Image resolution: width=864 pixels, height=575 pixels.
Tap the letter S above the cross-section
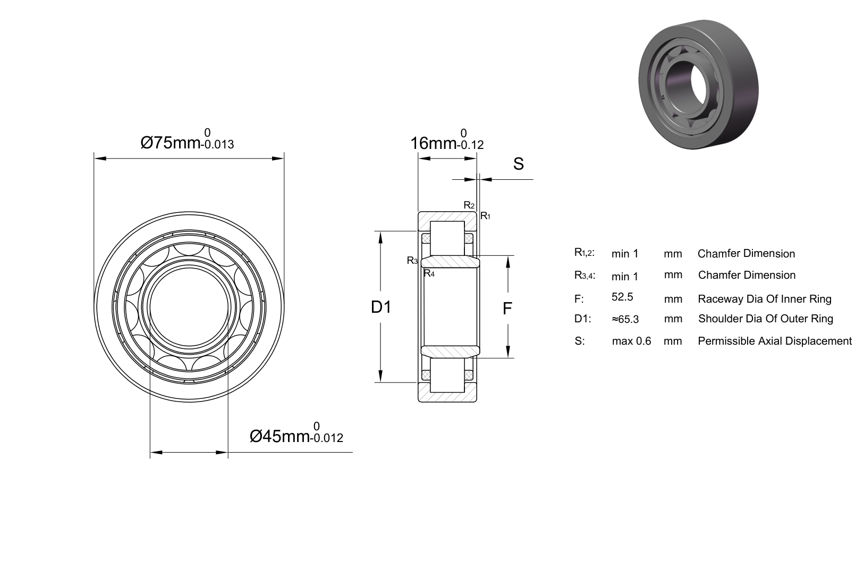[519, 164]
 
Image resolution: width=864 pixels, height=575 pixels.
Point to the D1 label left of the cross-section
[380, 307]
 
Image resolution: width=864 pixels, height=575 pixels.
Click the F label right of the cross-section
[507, 309]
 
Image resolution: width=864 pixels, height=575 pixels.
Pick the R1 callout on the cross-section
[485, 216]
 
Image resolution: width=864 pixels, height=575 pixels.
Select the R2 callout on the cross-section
[469, 205]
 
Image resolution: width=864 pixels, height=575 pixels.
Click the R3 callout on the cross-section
[412, 261]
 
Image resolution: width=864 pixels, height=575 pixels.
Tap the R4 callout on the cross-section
[429, 273]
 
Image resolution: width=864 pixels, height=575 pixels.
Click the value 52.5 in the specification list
[622, 297]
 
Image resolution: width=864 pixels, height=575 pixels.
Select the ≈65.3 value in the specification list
[625, 319]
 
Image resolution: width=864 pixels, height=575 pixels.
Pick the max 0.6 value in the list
[631, 341]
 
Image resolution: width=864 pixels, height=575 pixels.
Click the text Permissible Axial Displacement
[775, 341]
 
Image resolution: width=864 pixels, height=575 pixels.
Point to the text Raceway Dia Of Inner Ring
[765, 299]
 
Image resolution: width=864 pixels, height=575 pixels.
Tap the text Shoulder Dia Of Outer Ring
[766, 319]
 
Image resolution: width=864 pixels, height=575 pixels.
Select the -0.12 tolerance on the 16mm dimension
[470, 145]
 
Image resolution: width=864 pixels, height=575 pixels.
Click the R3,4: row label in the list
[585, 276]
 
